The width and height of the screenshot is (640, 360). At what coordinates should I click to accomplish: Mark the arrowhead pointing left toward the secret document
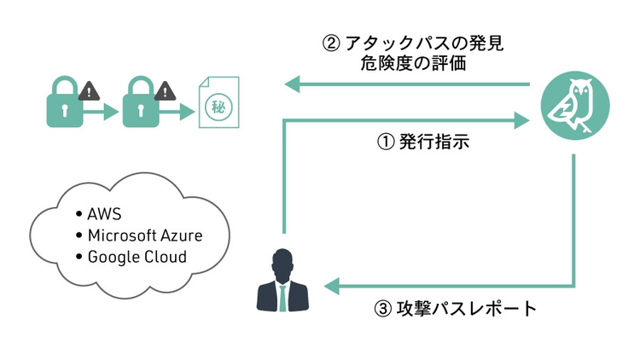click(x=293, y=84)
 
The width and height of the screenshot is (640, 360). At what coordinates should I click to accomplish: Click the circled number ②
click(x=334, y=44)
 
